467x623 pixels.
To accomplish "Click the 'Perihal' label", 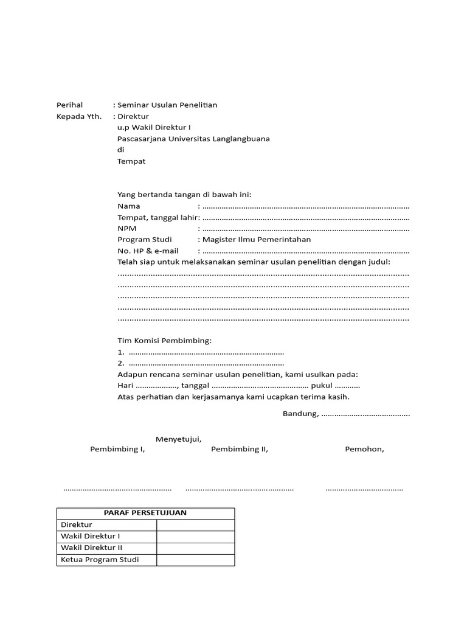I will [69, 105].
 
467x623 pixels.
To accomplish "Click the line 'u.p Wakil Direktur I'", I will [154, 128].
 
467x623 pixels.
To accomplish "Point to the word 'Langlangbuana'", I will [241, 139].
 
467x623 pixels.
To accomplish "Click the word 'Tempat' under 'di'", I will [131, 161].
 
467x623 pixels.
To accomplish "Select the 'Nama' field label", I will [129, 206].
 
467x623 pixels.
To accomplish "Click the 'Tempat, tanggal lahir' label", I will [157, 217].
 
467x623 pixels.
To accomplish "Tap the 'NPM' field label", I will [127, 228].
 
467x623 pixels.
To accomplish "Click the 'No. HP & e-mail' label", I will [148, 251].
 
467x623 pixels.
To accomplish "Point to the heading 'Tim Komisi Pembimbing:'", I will [164, 341].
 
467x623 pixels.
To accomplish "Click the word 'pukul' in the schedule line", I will [321, 386].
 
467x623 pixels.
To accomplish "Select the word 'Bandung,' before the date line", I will [300, 414].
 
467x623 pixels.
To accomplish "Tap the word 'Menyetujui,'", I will [178, 439].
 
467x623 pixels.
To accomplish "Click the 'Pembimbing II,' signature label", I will [239, 450].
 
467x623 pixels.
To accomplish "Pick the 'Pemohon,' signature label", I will [364, 450].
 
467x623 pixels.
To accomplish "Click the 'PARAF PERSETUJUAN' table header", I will [145, 513].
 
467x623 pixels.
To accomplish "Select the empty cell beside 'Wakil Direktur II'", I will [195, 548].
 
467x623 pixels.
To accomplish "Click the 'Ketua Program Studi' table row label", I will [100, 560].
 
